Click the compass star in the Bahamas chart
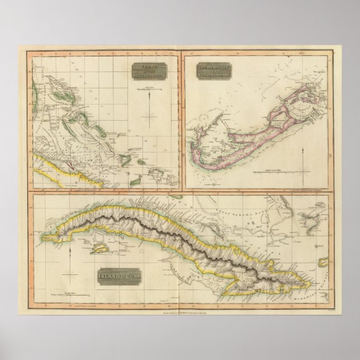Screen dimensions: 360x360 150,116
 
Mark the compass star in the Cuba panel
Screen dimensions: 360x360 70,274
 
